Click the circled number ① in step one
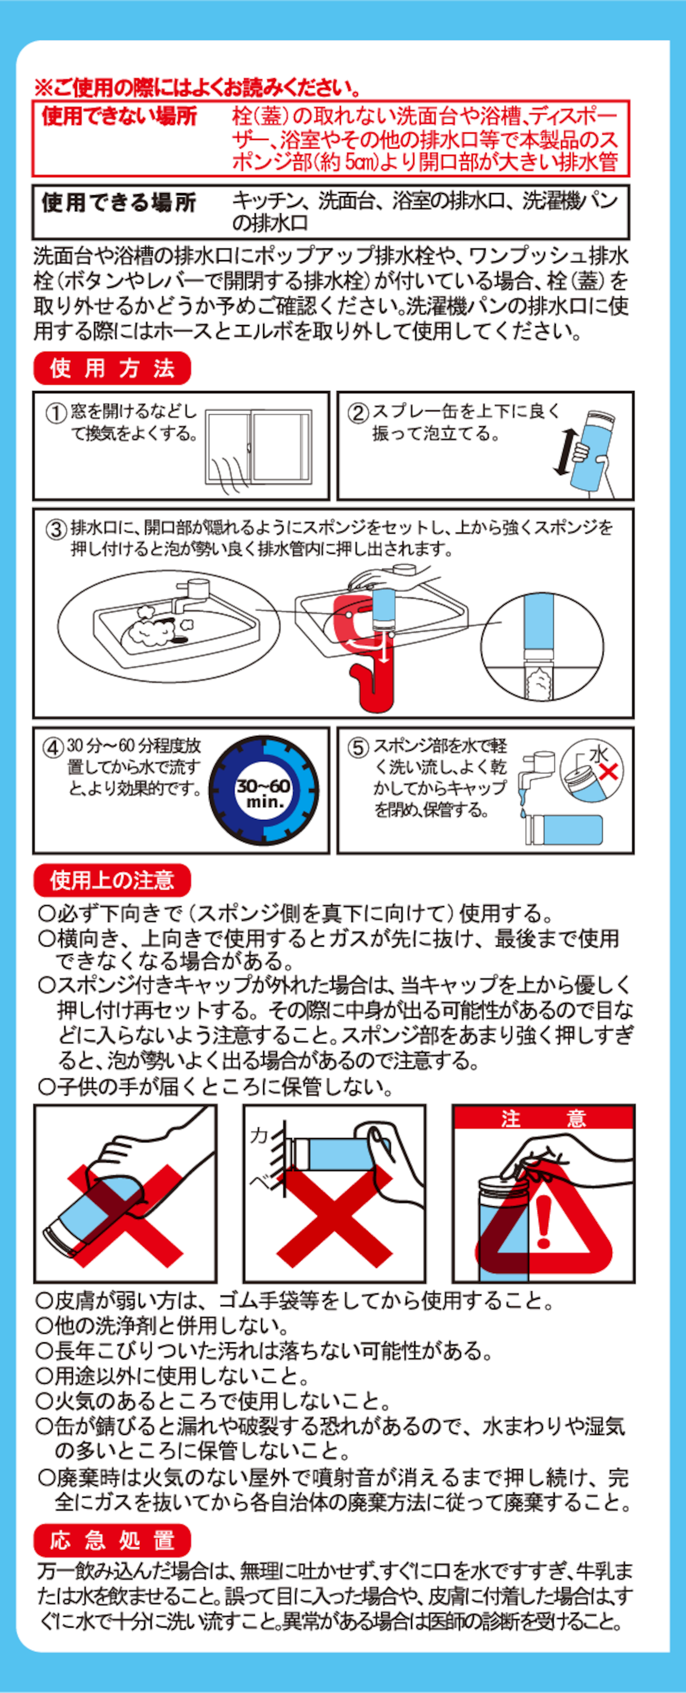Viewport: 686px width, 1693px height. coord(56,413)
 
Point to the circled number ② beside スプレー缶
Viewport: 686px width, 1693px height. coord(358,413)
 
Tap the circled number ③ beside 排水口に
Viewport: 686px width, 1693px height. coord(56,529)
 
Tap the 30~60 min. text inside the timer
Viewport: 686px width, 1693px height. coord(264,793)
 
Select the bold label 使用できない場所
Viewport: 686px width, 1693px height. coord(120,116)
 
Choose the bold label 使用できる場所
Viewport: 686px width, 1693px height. coord(120,202)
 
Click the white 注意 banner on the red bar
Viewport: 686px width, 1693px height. coord(543,1119)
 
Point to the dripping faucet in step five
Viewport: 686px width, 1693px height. coord(535,779)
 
